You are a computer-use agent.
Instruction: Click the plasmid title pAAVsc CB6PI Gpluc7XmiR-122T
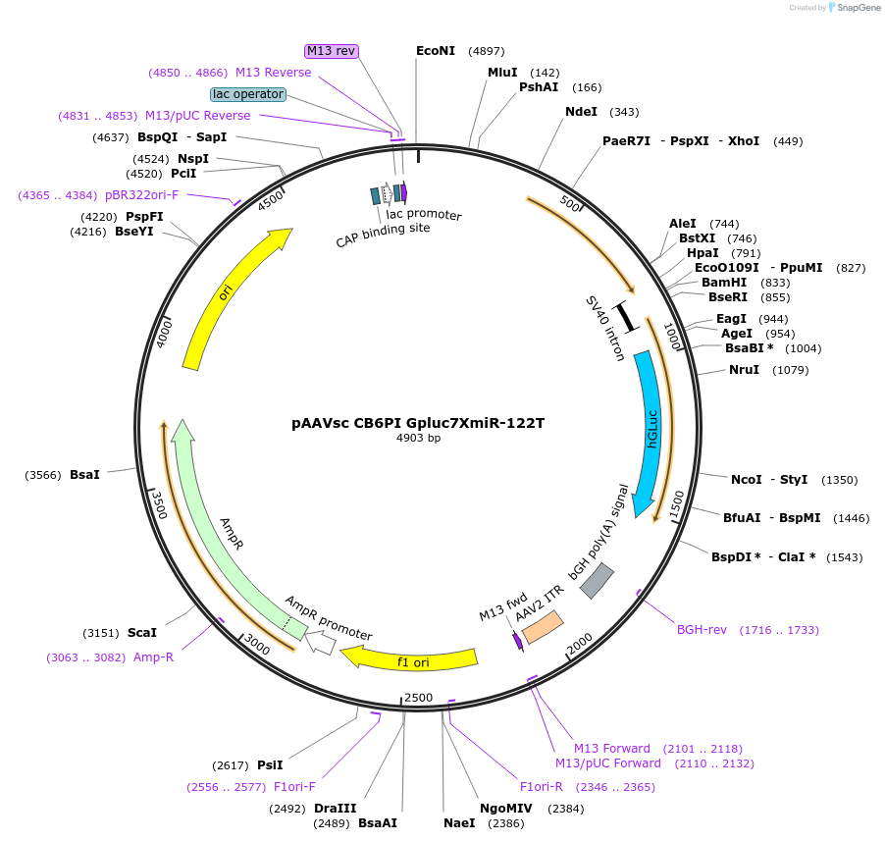(x=417, y=424)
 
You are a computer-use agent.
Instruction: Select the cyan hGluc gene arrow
(x=651, y=432)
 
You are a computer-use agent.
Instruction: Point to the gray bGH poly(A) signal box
(x=597, y=581)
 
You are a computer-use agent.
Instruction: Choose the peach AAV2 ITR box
(x=543, y=627)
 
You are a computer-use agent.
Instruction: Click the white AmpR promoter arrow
(x=321, y=643)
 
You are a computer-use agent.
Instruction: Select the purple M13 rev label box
(x=331, y=51)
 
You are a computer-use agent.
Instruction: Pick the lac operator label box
(x=248, y=94)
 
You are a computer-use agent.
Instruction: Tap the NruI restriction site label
(x=744, y=370)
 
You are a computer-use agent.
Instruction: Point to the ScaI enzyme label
(x=141, y=633)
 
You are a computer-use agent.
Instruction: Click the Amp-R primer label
(x=153, y=657)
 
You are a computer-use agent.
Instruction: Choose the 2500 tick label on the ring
(x=418, y=697)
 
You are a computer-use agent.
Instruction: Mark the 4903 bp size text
(x=417, y=439)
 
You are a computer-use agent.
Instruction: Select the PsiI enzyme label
(x=270, y=764)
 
